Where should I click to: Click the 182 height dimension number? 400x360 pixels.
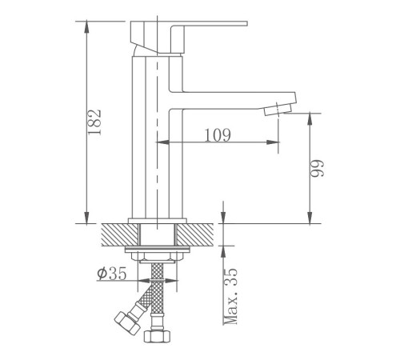tap(94, 122)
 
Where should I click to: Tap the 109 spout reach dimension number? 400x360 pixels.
tap(218, 135)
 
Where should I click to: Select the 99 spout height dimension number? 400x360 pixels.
tap(318, 168)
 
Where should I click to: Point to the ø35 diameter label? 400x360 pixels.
tap(112, 273)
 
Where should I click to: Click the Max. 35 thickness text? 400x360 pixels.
tap(230, 296)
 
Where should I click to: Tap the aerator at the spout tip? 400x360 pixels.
tap(278, 110)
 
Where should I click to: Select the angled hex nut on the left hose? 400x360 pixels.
tap(127, 323)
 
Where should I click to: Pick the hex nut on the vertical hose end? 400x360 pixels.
tap(157, 337)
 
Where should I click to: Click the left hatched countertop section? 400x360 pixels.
tap(120, 234)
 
